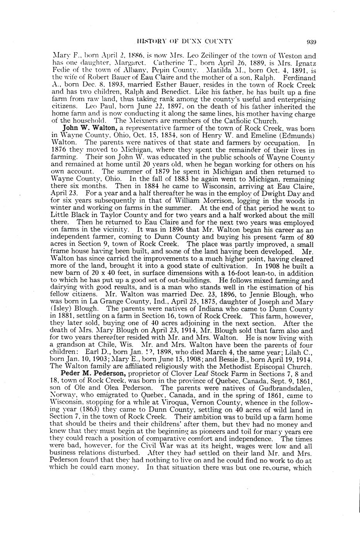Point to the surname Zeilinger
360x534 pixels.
[x=212, y=56]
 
